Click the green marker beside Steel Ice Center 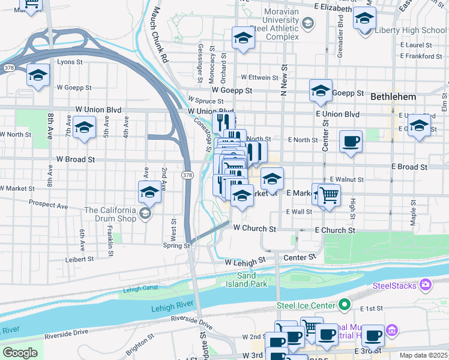pos(344,305)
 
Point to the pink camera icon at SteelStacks pos(425,284)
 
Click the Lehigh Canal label pos(139,290)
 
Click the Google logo pos(20,353)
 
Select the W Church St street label pos(255,229)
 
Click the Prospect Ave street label pos(49,205)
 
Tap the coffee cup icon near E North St pos(351,142)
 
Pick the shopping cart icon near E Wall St pos(328,194)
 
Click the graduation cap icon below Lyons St pos(38,75)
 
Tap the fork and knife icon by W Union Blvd pos(223,122)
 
